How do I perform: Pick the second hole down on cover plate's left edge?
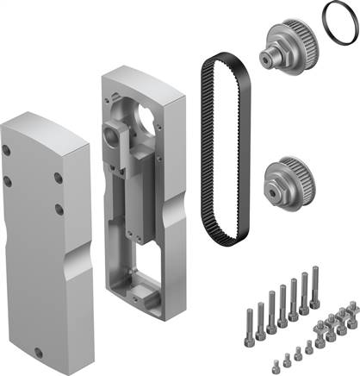click(8, 180)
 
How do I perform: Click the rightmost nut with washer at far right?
click(352, 307)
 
